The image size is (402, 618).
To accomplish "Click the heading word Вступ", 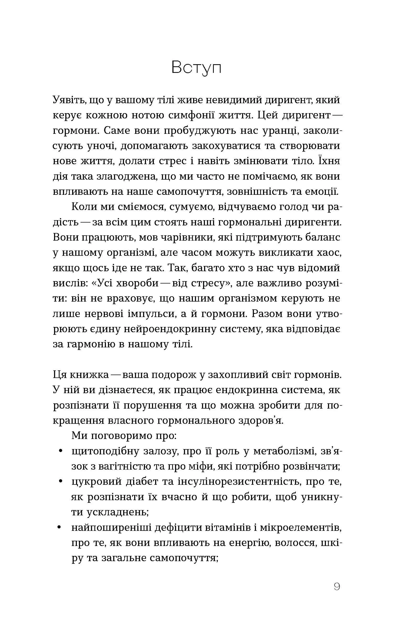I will click(x=196, y=68).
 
